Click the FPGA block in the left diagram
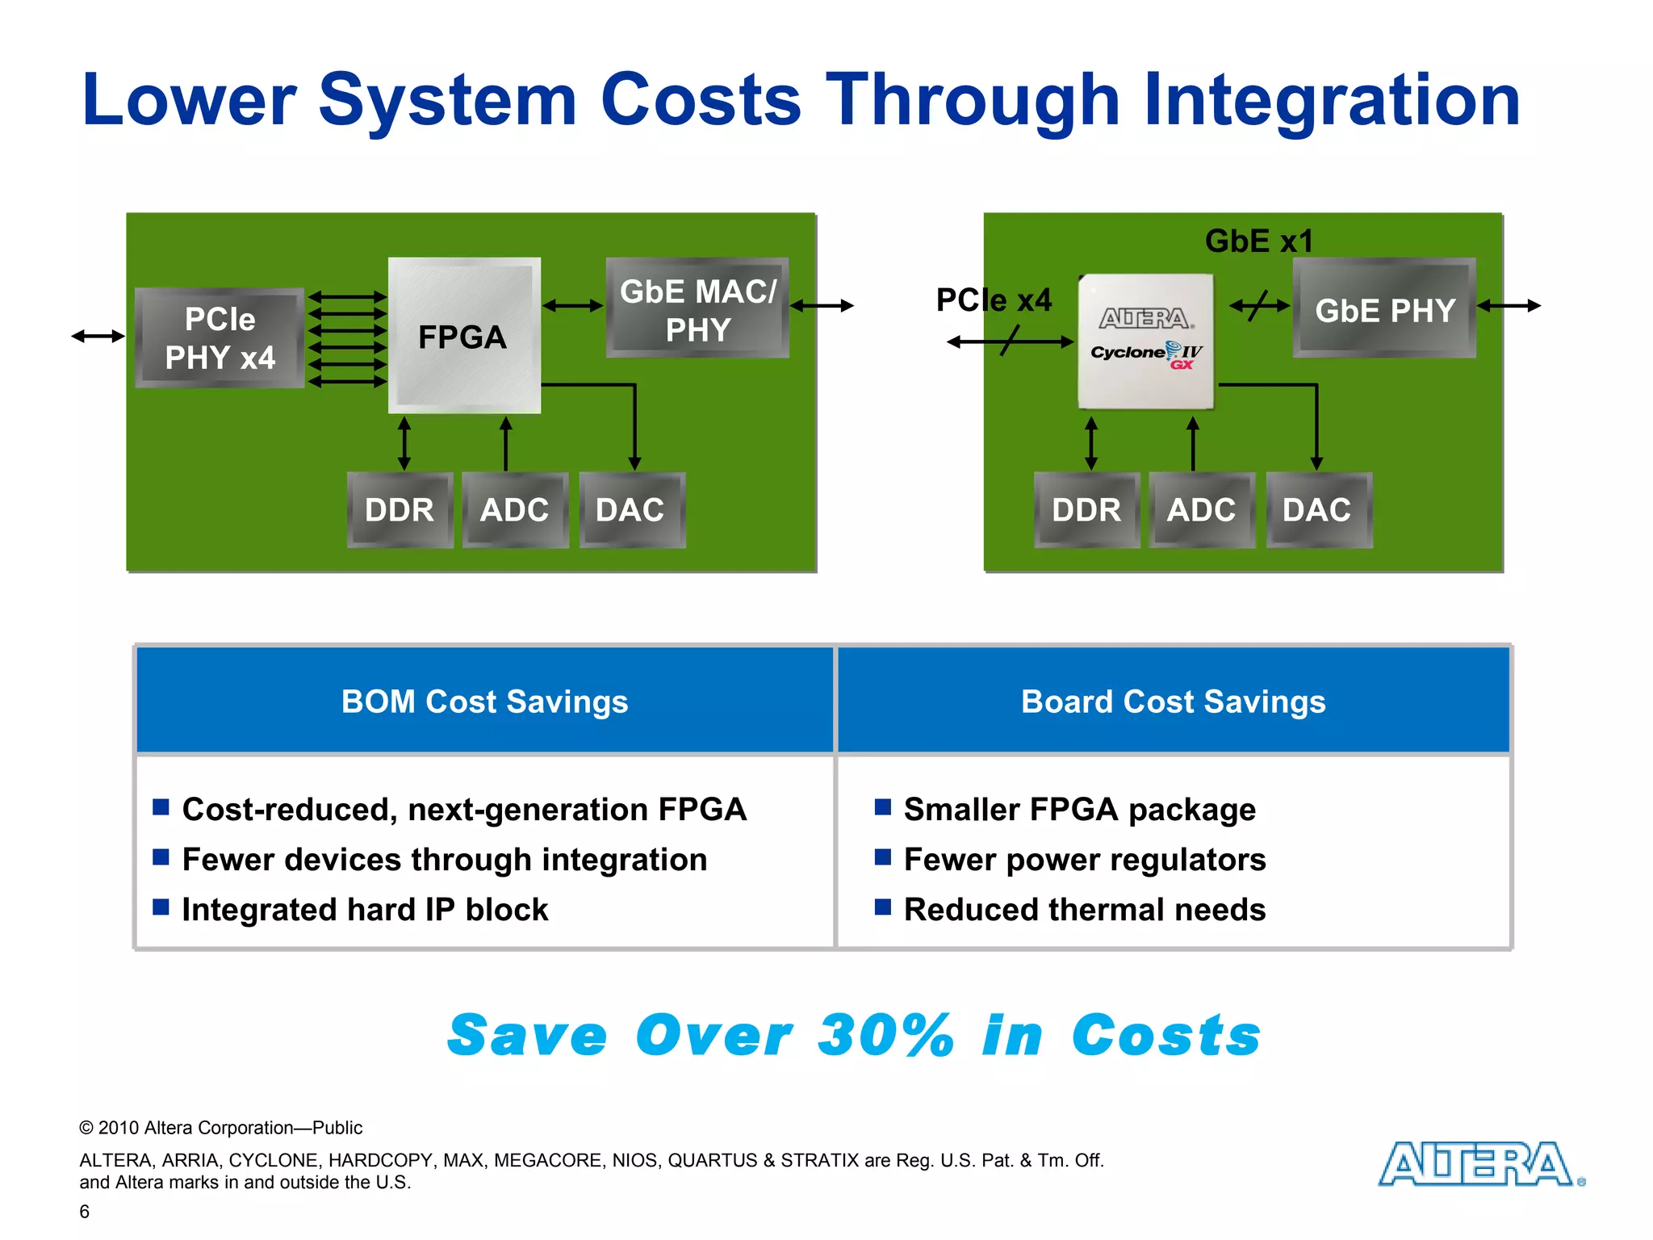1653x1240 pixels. pyautogui.click(x=463, y=336)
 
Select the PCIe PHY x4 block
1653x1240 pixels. pyautogui.click(x=220, y=338)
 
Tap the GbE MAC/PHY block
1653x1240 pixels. pyautogui.click(x=697, y=308)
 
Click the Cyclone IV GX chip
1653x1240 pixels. pyautogui.click(x=1146, y=341)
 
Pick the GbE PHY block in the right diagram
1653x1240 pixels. pyautogui.click(x=1384, y=308)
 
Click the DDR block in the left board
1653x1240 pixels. pyautogui.click(x=400, y=510)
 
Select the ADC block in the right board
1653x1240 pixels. pyautogui.click(x=1201, y=510)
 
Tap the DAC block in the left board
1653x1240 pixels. pyautogui.click(x=630, y=510)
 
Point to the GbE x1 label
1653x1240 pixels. pyautogui.click(x=1258, y=241)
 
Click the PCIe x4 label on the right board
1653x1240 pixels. pyautogui.click(x=994, y=300)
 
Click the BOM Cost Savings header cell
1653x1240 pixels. pyautogui.click(x=484, y=701)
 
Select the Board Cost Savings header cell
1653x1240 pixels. pyautogui.click(x=1173, y=701)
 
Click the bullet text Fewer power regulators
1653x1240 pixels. pyautogui.click(x=1084, y=860)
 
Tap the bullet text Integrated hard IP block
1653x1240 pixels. pyautogui.click(x=365, y=910)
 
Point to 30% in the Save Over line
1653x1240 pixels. pyautogui.click(x=885, y=1035)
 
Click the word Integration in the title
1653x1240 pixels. pyautogui.click(x=1332, y=100)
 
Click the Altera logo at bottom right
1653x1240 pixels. pyautogui.click(x=1479, y=1164)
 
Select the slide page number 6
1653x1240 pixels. pyautogui.click(x=85, y=1211)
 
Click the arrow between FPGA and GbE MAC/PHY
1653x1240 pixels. pyautogui.click(x=573, y=305)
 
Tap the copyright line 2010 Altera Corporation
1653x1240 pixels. pyautogui.click(x=221, y=1128)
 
